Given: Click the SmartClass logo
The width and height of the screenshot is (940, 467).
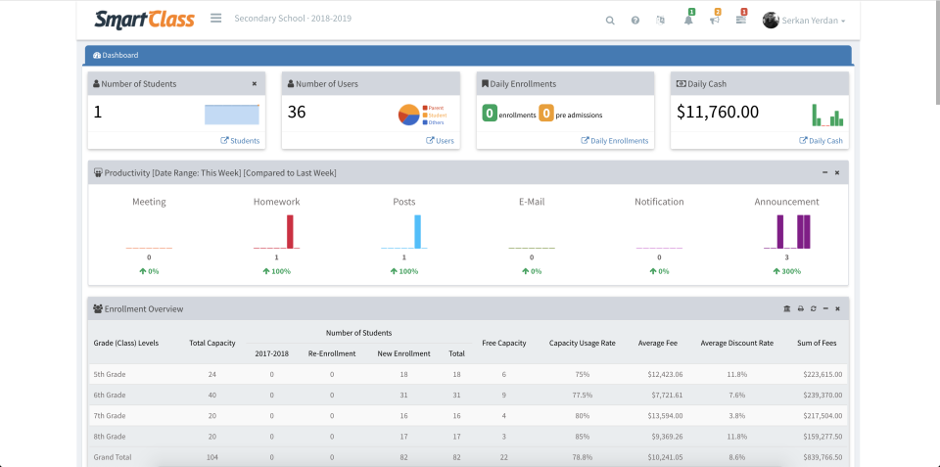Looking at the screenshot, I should pos(144,19).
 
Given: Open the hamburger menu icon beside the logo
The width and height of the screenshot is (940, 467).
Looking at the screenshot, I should pos(215,19).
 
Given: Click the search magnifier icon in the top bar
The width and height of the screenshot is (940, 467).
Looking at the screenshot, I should pos(610,20).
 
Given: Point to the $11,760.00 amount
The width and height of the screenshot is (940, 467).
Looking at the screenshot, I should pos(718,113).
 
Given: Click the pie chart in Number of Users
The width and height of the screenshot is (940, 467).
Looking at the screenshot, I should pos(409,115).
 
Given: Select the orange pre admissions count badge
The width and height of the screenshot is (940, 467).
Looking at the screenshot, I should pos(546,114).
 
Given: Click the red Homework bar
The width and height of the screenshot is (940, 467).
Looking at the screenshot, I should pos(290,232).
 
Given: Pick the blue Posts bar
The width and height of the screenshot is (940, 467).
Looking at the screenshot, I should pos(417,232).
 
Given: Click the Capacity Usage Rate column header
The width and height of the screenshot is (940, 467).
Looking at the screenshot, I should pos(582,343).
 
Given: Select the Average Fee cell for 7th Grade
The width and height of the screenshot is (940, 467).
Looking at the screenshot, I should pos(665,415).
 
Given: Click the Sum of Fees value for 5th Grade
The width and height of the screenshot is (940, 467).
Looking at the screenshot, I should pos(822,374).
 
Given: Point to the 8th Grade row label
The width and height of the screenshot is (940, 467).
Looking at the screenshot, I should pos(110,436).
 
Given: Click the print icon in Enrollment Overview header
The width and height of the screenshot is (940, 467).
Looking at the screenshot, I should pos(800,308).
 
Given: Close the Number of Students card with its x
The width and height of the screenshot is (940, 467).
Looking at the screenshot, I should pos(255,84).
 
